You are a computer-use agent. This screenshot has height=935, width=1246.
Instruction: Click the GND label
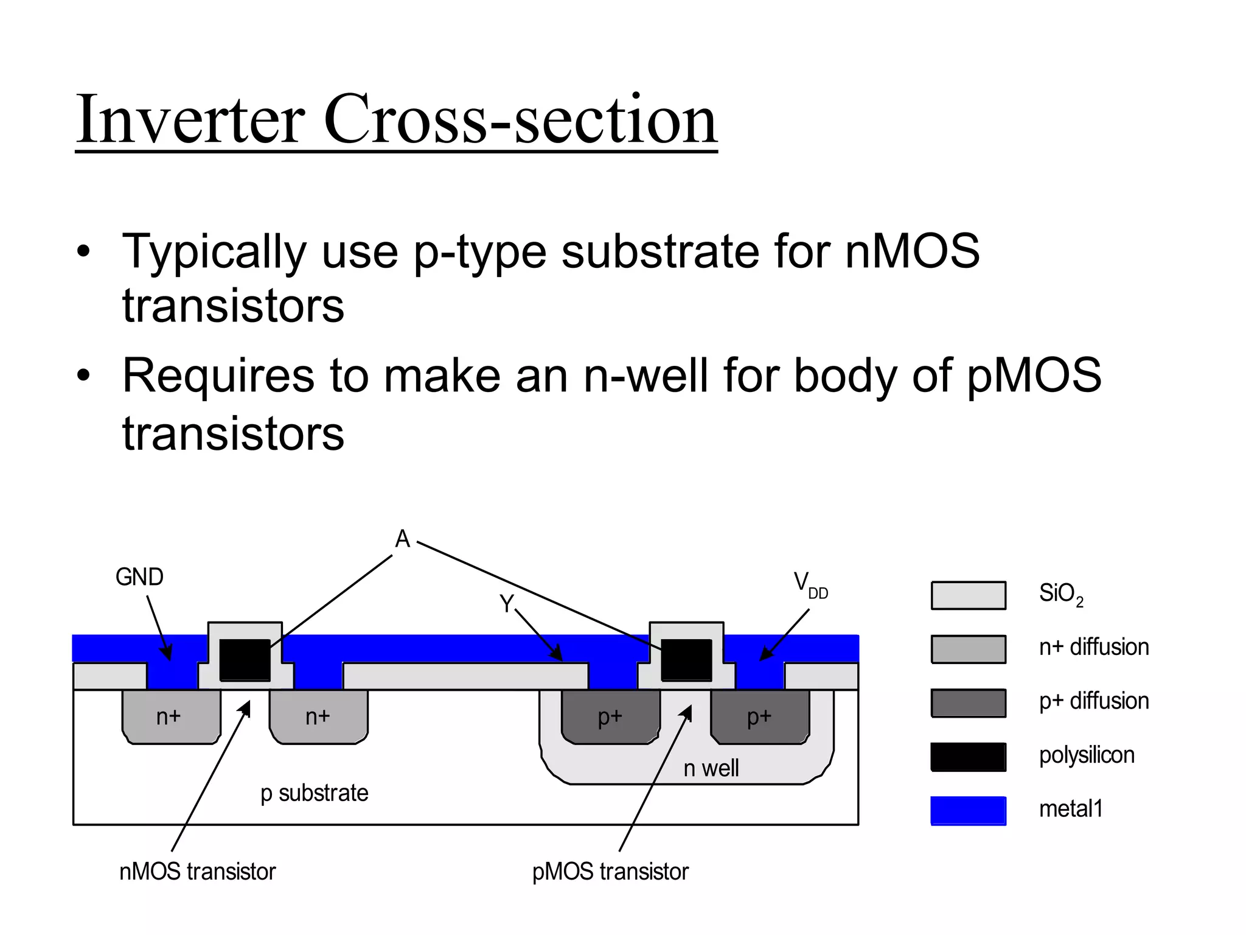pyautogui.click(x=139, y=577)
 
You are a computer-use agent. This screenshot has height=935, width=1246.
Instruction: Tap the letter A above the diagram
pyautogui.click(x=402, y=539)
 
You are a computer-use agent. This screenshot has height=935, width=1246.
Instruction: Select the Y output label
pyautogui.click(x=506, y=604)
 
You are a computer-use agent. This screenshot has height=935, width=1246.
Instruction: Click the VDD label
pyautogui.click(x=810, y=584)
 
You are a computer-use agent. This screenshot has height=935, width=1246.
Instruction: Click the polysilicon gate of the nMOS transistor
pyautogui.click(x=245, y=659)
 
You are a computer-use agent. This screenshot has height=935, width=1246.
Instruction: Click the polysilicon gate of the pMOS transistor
pyautogui.click(x=686, y=659)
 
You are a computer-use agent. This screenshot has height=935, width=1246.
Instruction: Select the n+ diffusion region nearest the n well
pyautogui.click(x=318, y=716)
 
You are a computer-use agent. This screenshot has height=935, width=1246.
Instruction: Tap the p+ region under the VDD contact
pyautogui.click(x=760, y=716)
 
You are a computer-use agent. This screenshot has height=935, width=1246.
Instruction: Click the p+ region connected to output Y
pyautogui.click(x=610, y=716)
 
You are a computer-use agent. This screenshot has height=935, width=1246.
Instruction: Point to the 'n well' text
pyautogui.click(x=711, y=768)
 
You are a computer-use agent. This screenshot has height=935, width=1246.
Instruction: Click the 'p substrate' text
pyautogui.click(x=314, y=793)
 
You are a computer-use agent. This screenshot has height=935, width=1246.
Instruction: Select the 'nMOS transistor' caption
pyautogui.click(x=197, y=872)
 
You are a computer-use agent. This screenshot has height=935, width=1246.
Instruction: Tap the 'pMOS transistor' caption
pyautogui.click(x=610, y=872)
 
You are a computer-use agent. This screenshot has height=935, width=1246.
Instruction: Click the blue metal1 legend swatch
pyautogui.click(x=968, y=811)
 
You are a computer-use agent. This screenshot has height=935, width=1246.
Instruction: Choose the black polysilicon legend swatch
pyautogui.click(x=968, y=757)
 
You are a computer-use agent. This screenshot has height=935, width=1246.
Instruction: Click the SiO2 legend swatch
pyautogui.click(x=968, y=595)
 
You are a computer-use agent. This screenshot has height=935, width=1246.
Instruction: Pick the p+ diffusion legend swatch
pyautogui.click(x=968, y=703)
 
